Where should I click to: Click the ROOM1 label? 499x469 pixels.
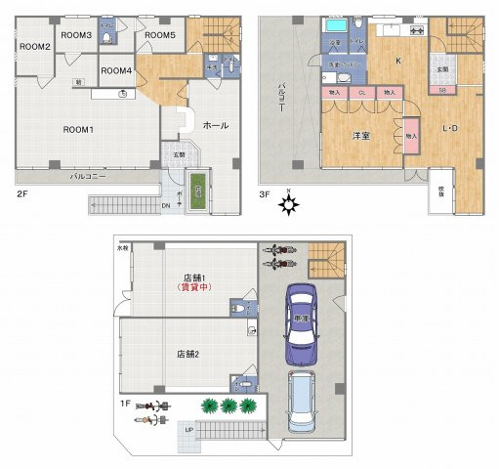coord(77,130)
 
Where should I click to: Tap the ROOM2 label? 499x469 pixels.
coord(34,47)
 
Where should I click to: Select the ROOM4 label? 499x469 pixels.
coord(116,70)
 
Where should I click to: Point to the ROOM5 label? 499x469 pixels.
coord(159,36)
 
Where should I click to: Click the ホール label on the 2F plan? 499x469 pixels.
coord(216,126)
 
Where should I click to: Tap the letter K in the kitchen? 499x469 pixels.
coord(397,61)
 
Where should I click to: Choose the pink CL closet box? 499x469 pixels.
coord(362,92)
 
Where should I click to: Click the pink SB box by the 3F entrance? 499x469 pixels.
coord(442,91)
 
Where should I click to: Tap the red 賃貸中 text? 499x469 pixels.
coord(194,288)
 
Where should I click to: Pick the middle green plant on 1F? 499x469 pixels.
coord(229,405)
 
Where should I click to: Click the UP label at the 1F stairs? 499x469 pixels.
coord(188,430)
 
